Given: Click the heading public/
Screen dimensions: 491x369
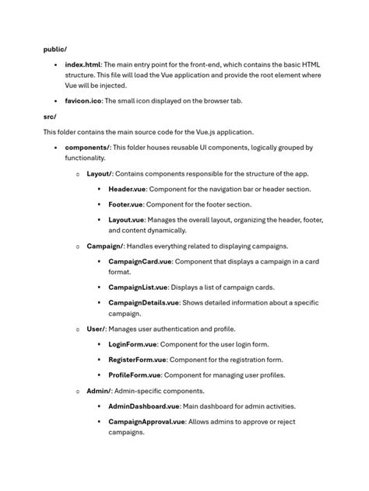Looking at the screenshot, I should pos(54,49).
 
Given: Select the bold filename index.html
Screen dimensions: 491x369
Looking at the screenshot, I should pos(83,64).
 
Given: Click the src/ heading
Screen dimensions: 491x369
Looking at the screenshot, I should pos(50,117).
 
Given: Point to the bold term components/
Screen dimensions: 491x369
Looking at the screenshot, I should pos(88,147).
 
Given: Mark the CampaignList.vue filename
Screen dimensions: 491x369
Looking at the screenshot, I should pos(137,287).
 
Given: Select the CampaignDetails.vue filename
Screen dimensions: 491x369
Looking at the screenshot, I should pos(143,303).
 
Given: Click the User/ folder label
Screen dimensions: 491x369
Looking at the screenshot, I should pos(97,329).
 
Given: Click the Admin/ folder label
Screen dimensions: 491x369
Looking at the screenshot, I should pos(100,391).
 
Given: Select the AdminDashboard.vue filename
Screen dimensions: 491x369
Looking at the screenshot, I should pos(144,406).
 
